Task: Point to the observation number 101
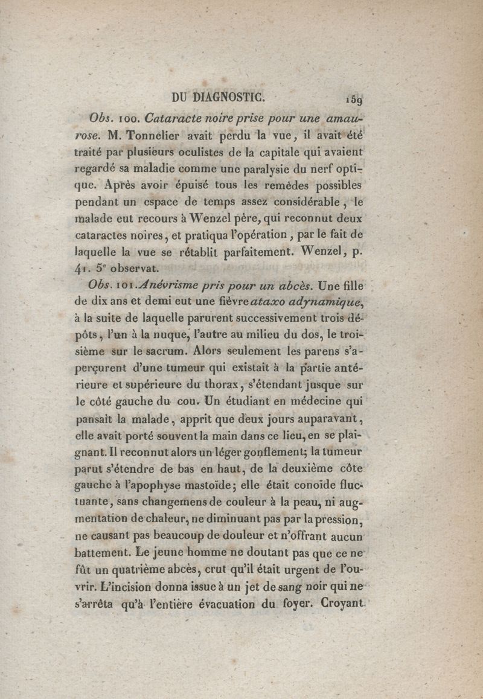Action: pos(128,284)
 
